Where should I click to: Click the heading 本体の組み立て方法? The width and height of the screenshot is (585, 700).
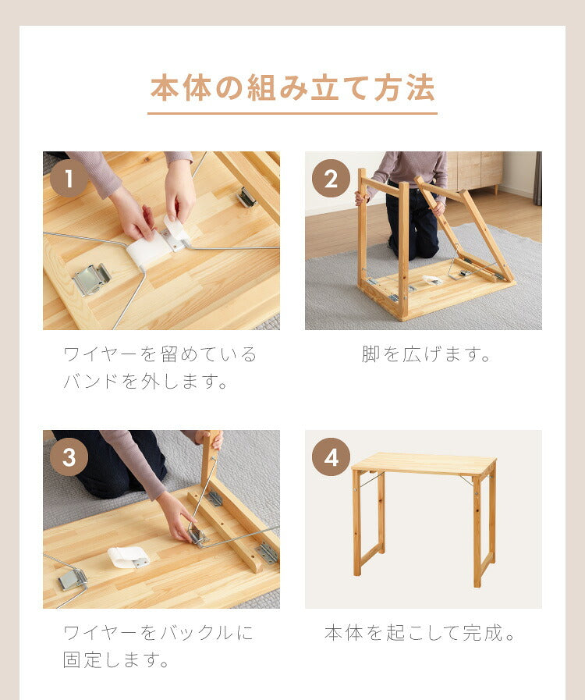click(292, 87)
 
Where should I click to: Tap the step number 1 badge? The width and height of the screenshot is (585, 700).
click(69, 179)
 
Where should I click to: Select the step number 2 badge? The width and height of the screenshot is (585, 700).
click(331, 179)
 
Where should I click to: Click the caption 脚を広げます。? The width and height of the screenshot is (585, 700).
click(427, 355)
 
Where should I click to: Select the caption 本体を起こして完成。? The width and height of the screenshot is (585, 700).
click(422, 633)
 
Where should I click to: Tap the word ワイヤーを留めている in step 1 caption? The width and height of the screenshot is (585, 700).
click(160, 355)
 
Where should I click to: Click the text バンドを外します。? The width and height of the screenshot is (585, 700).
click(146, 382)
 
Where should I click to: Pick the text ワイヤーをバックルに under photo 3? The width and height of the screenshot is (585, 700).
click(158, 633)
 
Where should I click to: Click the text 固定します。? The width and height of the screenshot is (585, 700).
click(117, 661)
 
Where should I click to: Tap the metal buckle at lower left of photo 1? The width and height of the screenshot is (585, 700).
click(91, 279)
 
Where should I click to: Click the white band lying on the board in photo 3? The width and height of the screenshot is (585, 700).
click(128, 556)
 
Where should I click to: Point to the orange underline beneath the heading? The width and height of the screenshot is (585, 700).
click(292, 114)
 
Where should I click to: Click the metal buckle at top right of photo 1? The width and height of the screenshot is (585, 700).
click(246, 197)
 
